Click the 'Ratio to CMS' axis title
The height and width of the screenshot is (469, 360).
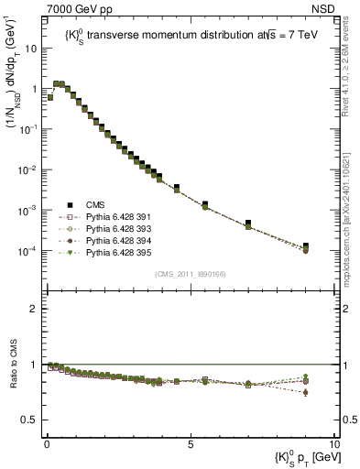[x=13, y=376]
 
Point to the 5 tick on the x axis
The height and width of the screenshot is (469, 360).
[x=191, y=442]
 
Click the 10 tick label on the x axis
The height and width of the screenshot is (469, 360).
[x=333, y=442]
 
